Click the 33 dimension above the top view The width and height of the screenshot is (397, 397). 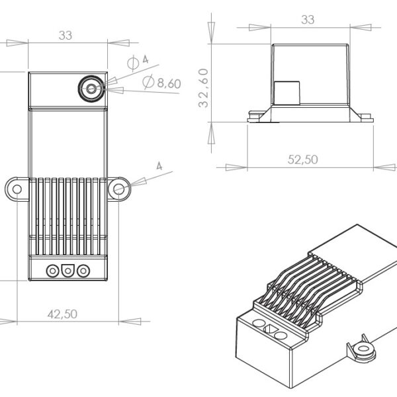pos(65,36)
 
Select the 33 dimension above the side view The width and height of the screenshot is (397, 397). pos(308,20)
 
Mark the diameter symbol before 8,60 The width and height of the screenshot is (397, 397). pos(148,82)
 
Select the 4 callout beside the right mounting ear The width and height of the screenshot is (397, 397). pos(159,166)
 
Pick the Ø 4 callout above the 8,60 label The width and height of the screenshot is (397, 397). pos(138,62)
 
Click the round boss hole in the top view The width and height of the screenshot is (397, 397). pos(91,88)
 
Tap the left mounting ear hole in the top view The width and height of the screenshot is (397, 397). pos(16,189)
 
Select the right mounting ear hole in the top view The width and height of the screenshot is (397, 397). pos(119,189)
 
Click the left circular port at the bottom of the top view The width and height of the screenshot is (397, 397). pos(52,270)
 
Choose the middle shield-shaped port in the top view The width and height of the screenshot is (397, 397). pos(67,270)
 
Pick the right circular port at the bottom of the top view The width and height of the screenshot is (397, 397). pos(83,270)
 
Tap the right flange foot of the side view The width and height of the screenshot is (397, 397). pos(363,118)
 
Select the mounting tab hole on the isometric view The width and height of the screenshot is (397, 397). pos(361,349)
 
